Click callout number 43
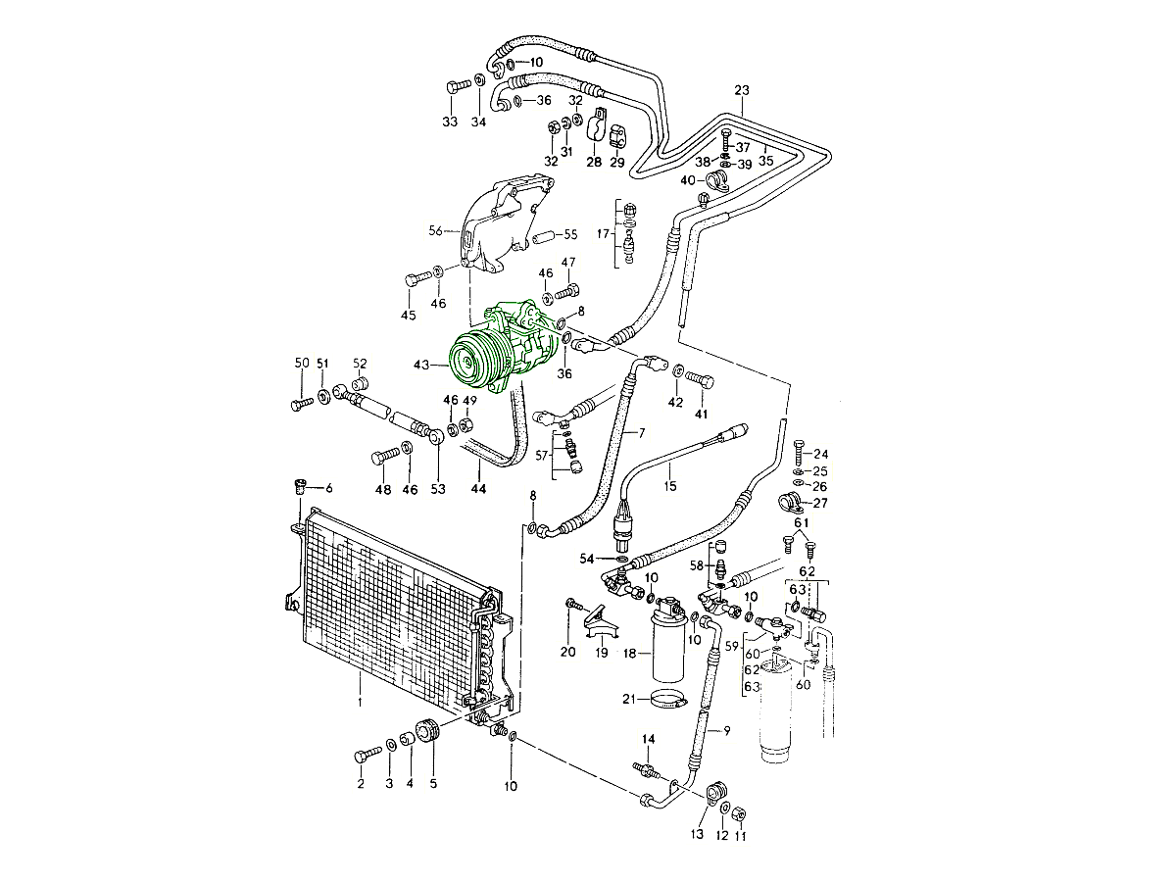(x=420, y=365)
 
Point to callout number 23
(x=741, y=91)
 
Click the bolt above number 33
(x=457, y=86)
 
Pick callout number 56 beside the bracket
(x=435, y=231)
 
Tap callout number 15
(x=669, y=485)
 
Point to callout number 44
(x=477, y=489)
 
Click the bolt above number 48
(x=385, y=456)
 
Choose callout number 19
(x=601, y=652)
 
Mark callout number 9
(x=726, y=730)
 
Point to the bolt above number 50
(x=300, y=402)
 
